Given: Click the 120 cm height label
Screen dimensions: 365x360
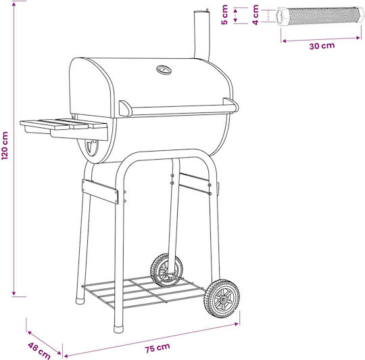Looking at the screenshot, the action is (5, 145).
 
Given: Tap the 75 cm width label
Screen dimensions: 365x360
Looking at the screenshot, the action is (157, 348).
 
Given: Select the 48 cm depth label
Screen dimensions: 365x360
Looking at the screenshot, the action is (39, 351).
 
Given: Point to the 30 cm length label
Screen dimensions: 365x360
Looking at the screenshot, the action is (322, 45).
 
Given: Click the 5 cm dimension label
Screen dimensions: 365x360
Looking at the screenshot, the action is (224, 15).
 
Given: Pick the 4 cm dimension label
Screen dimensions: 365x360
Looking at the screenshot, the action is (255, 15).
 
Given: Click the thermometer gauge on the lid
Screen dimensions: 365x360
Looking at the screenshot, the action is (164, 70).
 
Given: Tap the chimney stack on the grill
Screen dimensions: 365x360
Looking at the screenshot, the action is (201, 35).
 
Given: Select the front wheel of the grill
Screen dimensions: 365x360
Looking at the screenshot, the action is (222, 299).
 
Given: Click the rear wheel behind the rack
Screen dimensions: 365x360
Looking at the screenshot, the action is (166, 270).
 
